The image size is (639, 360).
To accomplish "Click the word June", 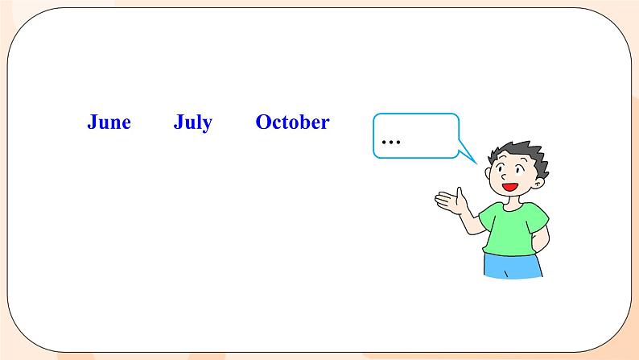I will point(109,122).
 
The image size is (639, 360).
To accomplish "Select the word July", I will point(192,122).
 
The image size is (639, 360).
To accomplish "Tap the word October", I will point(292,122).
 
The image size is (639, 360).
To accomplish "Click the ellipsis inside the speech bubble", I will point(391,142).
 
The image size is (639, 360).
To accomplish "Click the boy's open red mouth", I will point(509,188).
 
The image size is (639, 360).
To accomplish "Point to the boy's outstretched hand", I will point(451,201).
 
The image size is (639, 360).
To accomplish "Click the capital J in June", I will point(93,122).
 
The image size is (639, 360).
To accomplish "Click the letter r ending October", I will point(324,123).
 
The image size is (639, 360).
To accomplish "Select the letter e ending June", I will point(125,123).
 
